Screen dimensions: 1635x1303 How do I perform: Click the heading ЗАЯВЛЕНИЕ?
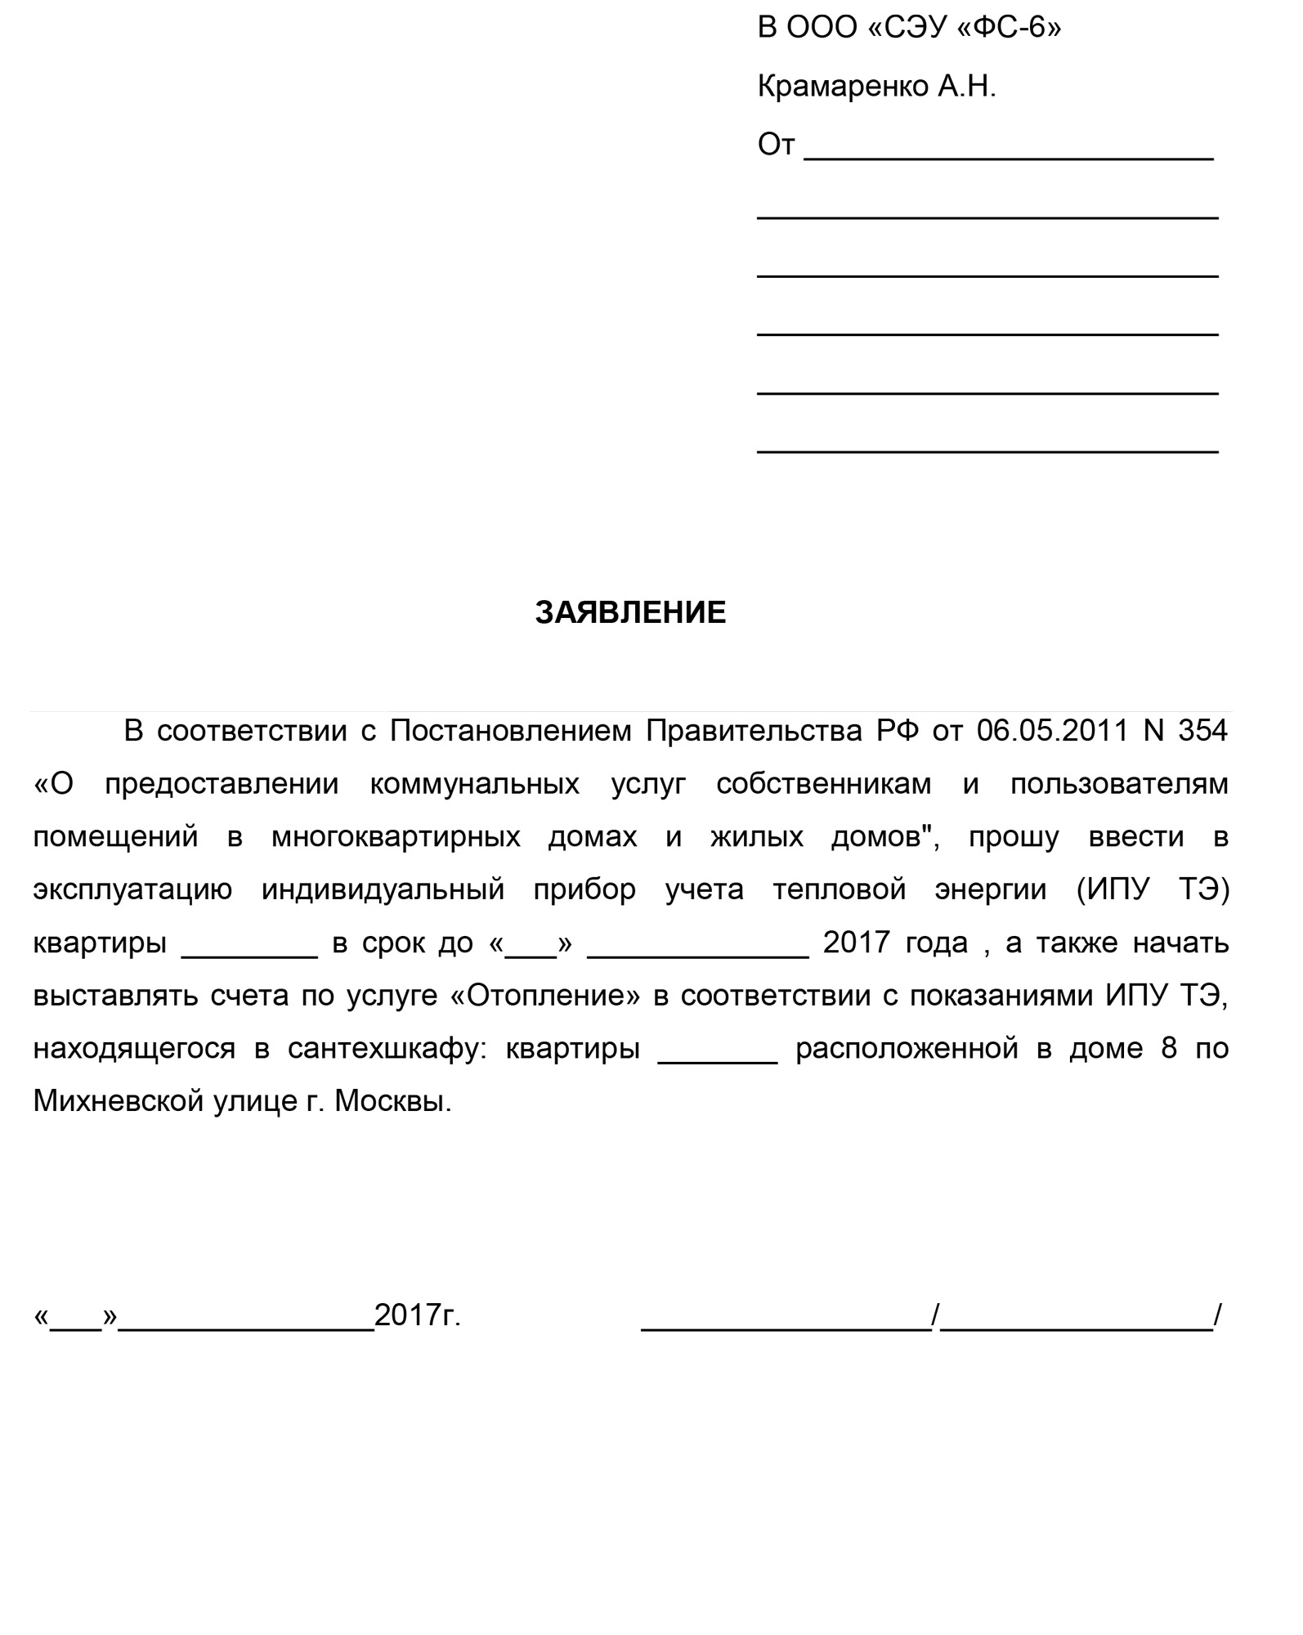tap(630, 613)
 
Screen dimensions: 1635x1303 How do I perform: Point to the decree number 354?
tap(1202, 731)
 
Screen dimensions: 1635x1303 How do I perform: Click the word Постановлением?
tap(510, 731)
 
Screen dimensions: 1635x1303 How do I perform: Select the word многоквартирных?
tap(396, 837)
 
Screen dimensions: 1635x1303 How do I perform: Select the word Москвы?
tap(392, 1102)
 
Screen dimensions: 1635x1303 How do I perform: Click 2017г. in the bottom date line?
tap(417, 1316)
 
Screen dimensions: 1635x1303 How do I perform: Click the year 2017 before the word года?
tap(856, 943)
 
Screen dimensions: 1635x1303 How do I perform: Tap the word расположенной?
tap(907, 1049)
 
